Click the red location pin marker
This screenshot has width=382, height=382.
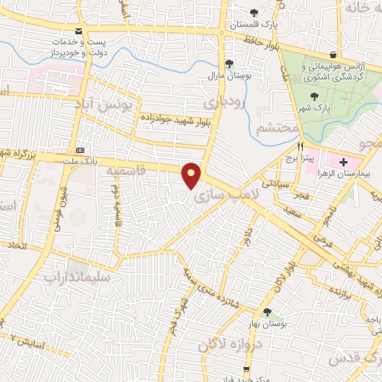192,175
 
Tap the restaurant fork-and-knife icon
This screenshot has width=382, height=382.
301,146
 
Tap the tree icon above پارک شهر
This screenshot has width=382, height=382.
314,95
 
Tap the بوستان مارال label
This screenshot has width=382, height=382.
230,75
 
